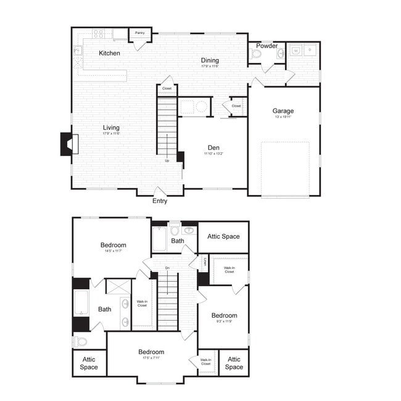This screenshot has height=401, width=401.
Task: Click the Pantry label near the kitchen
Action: [139, 33]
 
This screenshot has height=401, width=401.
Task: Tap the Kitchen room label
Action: [110, 53]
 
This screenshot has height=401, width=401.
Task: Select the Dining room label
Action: [210, 60]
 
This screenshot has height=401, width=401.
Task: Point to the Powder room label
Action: [267, 46]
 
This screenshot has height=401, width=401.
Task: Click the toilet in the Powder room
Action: [257, 54]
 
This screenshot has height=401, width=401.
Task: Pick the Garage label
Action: [283, 111]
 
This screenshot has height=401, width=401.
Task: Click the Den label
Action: [213, 147]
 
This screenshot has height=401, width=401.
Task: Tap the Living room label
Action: [112, 128]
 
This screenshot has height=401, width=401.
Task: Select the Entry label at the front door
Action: [160, 201]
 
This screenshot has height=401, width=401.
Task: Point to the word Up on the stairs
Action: [167, 160]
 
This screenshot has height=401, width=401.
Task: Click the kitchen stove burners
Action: [98, 34]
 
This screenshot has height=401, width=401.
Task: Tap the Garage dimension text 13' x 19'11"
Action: [283, 117]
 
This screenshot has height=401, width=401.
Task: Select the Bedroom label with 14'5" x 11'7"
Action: [114, 245]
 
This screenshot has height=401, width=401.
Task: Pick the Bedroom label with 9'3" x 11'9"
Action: [223, 315]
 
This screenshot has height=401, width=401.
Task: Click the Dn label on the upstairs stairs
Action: [167, 268]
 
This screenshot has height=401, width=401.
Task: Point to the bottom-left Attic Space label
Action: [89, 363]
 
